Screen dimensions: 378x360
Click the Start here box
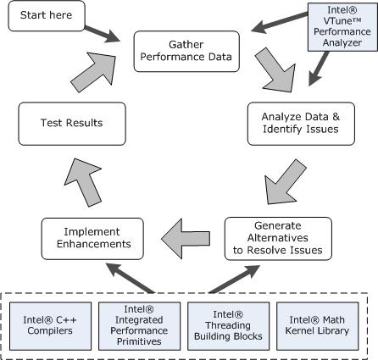(x=47, y=16)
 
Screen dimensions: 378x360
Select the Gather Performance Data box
(x=186, y=51)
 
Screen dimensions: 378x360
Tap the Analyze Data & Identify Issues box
(x=301, y=124)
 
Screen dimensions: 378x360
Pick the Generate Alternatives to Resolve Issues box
(x=278, y=239)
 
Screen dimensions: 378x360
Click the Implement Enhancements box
(x=92, y=239)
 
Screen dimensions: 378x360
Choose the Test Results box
(x=72, y=124)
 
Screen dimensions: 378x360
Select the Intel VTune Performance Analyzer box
(x=342, y=27)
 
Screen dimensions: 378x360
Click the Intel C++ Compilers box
(x=50, y=326)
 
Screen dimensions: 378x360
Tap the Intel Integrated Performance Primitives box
(x=139, y=326)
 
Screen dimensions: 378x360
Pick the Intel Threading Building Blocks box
(x=228, y=326)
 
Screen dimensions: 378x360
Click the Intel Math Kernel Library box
(x=317, y=326)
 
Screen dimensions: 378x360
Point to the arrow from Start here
(x=103, y=34)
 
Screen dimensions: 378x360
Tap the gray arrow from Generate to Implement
(x=186, y=239)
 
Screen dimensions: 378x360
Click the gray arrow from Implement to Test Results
(x=84, y=182)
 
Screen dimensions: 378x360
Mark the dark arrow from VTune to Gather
(x=279, y=22)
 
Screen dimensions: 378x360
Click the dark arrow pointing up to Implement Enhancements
(x=131, y=278)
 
